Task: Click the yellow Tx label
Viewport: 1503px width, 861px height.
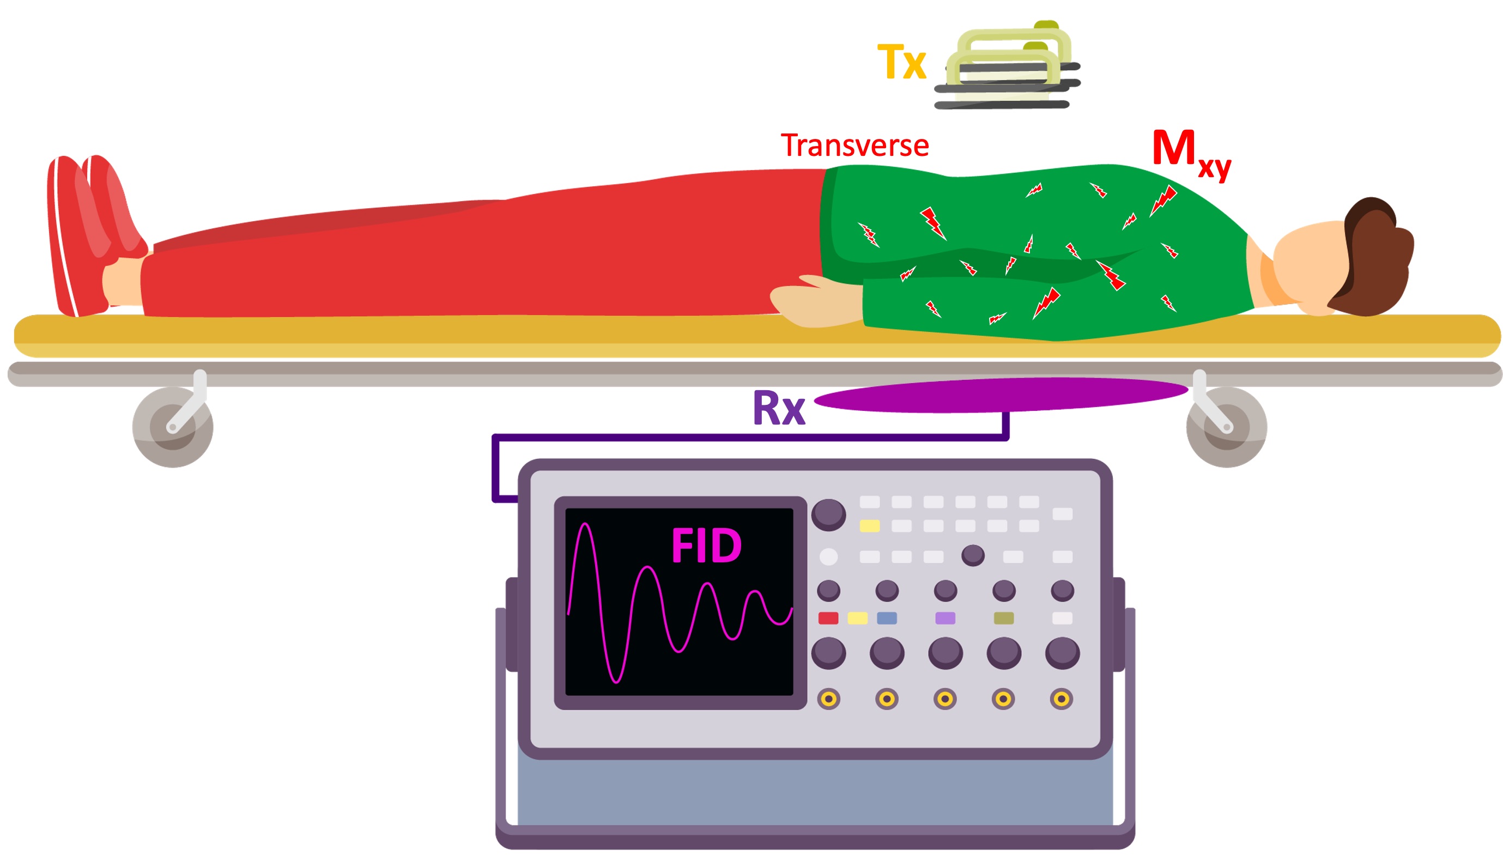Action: click(x=901, y=62)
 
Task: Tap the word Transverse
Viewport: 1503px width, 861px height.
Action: click(x=854, y=145)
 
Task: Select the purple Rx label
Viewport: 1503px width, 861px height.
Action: click(x=779, y=408)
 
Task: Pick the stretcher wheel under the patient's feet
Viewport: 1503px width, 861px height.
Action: click(x=173, y=427)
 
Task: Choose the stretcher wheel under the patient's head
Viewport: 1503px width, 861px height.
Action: click(x=1226, y=427)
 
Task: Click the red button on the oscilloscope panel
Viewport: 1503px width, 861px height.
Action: click(x=828, y=619)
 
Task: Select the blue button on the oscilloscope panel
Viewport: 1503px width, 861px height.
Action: click(x=886, y=619)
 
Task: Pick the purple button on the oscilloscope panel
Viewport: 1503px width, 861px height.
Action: click(x=945, y=619)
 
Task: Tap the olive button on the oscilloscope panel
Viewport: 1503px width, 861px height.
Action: click(x=1003, y=619)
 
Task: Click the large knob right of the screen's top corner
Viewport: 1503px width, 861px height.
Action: click(x=828, y=514)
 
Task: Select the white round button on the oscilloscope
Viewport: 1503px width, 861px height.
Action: click(x=828, y=557)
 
